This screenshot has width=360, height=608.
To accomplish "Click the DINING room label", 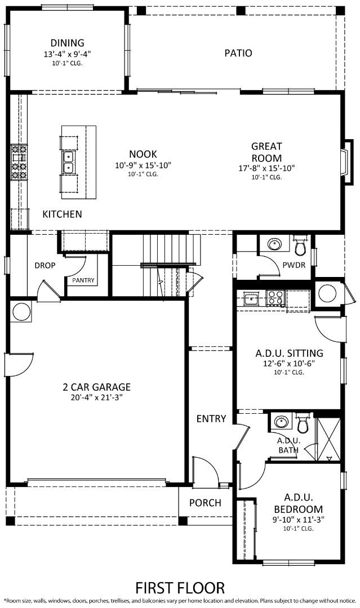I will tap(67, 43).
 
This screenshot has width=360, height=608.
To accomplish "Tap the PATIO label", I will tap(238, 53).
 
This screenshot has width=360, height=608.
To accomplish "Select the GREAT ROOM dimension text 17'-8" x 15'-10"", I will tap(266, 168).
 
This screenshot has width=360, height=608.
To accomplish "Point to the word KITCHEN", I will tap(63, 214).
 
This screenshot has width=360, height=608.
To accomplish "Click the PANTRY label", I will tap(83, 280).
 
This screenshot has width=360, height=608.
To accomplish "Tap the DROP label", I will tap(45, 265).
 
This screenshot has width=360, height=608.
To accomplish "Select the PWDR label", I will tap(294, 265).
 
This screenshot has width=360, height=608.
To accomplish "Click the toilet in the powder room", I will tap(300, 245).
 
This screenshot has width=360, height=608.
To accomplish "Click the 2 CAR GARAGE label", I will tap(97, 387).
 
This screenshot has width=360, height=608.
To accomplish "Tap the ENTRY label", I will tap(211, 419).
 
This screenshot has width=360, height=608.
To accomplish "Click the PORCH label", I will tap(205, 503).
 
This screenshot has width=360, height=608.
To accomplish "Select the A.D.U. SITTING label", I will tap(289, 354).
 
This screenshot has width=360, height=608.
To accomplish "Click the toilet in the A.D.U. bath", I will tap(303, 423).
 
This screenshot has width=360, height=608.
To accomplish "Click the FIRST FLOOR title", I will tap(180, 588).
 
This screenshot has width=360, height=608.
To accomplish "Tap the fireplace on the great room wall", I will tap(346, 161).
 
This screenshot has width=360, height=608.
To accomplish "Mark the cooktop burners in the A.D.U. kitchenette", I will tap(274, 297).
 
